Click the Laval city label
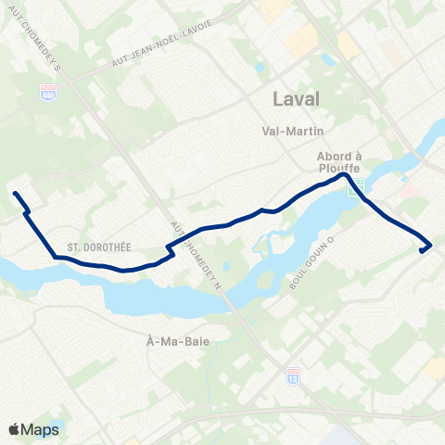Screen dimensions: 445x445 tap(297, 98)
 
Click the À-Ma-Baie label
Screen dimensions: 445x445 tap(173, 340)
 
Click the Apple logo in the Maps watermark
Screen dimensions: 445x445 tap(15, 429)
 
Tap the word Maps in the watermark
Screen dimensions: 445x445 tap(41, 429)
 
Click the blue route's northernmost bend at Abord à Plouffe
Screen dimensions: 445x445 tap(343, 175)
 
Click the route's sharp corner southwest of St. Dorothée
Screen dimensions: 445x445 tap(55, 256)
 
